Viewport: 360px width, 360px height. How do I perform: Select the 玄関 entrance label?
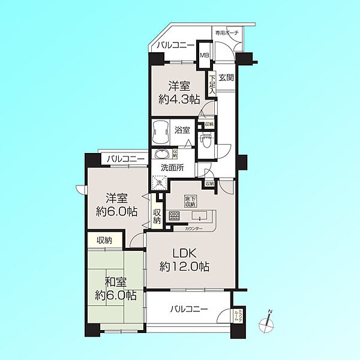point(226,77)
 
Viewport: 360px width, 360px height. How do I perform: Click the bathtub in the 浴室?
point(161,130)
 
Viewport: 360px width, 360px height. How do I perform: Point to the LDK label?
point(179,253)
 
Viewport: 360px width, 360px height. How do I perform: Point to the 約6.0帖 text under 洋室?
point(116,211)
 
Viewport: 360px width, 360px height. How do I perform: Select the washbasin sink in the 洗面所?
point(161,154)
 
